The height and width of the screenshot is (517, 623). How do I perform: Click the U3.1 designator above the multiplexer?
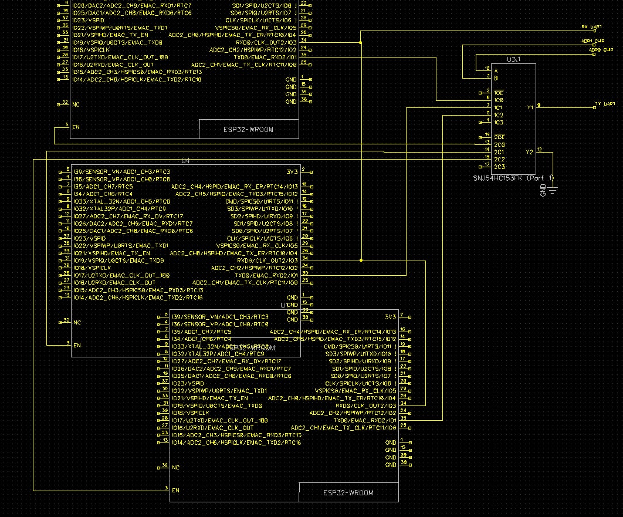(514, 59)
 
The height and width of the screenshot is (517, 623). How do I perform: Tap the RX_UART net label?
(591, 27)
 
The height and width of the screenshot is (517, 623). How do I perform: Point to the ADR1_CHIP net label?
(592, 41)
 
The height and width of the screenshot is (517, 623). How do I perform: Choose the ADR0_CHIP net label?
(600, 50)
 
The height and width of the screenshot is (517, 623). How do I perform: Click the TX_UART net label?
(605, 103)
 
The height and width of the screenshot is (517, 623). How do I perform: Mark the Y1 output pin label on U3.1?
(530, 108)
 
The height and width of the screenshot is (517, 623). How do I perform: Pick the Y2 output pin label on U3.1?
(530, 152)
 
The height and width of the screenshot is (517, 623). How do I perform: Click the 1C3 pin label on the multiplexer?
(498, 122)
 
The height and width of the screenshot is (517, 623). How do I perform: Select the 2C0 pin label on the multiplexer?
(499, 144)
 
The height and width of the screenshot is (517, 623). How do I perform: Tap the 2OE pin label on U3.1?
(498, 137)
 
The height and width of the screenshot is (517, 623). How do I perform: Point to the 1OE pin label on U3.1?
(498, 93)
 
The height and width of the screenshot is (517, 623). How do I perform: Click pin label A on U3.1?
(496, 70)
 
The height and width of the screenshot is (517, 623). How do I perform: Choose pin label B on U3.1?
(496, 77)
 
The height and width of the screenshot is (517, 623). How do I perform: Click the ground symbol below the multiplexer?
(552, 188)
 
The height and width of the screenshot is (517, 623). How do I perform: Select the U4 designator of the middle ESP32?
(185, 160)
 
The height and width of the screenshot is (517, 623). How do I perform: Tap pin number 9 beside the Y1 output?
(539, 104)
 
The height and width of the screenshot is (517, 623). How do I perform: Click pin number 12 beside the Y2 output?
(540, 149)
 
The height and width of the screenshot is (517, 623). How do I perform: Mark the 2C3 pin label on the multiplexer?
(499, 167)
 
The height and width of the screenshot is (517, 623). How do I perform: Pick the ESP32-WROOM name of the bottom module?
(348, 492)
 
